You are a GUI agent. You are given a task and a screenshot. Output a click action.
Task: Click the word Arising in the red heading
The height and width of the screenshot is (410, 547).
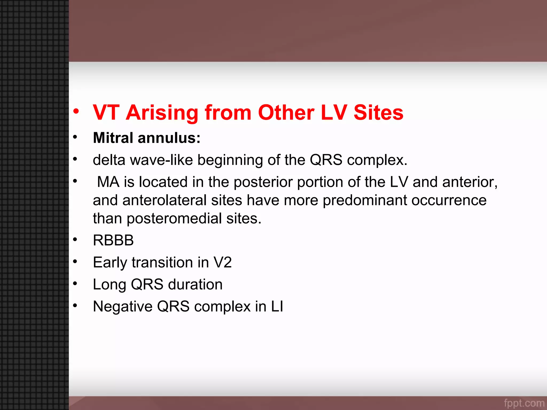tap(162, 113)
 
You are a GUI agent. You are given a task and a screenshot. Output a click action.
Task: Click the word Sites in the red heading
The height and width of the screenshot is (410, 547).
tap(378, 113)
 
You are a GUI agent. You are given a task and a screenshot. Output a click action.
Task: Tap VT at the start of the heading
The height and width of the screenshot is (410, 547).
tap(106, 113)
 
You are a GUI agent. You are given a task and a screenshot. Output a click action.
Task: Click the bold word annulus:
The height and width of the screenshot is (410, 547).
tap(169, 138)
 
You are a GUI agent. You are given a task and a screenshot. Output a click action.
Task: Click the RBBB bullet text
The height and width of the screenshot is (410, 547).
tap(113, 240)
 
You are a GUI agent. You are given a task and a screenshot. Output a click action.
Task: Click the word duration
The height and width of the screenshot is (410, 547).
tap(195, 284)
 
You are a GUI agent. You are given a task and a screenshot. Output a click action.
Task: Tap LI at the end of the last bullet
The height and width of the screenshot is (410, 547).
tap(277, 306)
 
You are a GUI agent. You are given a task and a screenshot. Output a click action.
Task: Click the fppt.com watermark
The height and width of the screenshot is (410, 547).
tap(524, 403)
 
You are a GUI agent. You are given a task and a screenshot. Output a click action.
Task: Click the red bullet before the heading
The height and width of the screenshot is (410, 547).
tap(76, 111)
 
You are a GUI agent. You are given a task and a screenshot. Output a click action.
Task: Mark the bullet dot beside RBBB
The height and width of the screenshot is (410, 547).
tap(75, 239)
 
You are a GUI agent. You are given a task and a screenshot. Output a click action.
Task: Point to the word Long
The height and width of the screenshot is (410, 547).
tap(109, 285)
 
